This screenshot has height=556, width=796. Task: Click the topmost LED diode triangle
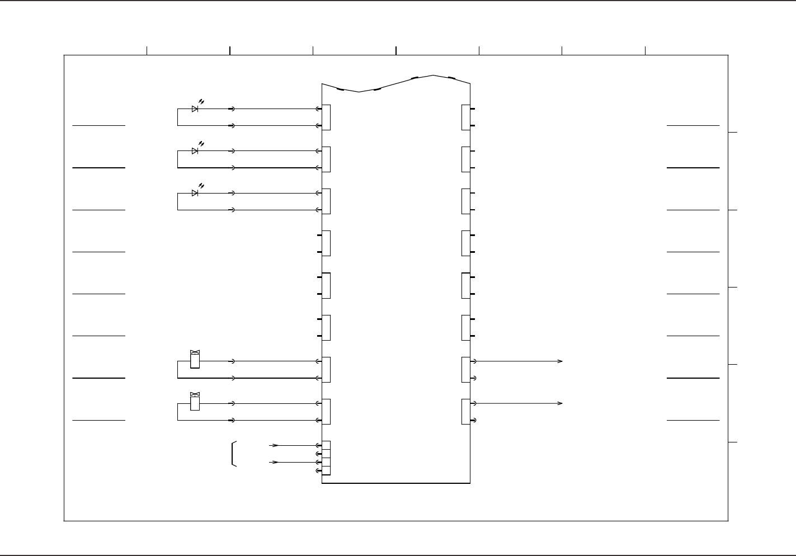195,109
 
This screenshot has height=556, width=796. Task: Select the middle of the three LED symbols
195,151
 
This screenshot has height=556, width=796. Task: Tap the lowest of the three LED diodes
195,193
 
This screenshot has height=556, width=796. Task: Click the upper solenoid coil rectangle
195,361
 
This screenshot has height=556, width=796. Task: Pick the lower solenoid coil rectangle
195,403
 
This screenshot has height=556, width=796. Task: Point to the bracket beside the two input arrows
233,454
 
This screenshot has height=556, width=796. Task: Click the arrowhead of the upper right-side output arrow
559,361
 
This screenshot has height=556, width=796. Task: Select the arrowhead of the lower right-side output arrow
559,403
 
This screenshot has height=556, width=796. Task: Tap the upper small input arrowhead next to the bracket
274,446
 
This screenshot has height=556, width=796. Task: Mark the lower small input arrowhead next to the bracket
274,463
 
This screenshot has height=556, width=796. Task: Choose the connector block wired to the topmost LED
326,117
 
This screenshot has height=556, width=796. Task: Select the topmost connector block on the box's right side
465,117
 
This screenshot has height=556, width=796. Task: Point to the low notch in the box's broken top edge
359,91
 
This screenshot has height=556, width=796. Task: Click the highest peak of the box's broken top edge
432,75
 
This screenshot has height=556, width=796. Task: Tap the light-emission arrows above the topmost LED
201,102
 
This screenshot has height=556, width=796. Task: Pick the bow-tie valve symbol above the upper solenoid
195,352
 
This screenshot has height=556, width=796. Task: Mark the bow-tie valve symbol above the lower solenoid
195,394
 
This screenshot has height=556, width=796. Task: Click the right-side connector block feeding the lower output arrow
465,412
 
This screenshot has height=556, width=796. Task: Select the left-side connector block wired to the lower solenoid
326,412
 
